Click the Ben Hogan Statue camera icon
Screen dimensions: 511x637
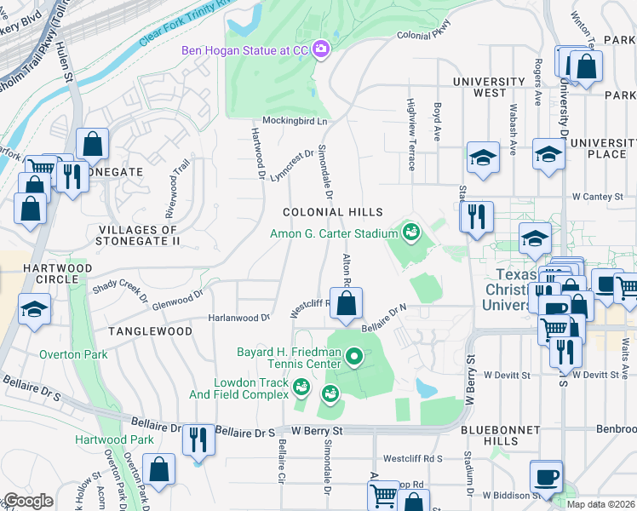coord(321,49)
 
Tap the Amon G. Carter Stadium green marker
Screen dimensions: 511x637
coord(411,233)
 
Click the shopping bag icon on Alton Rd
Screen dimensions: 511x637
coord(347,304)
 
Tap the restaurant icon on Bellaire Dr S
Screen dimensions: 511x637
coord(198,439)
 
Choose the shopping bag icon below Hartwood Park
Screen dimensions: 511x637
coord(158,468)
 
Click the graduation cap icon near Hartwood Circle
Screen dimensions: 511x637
coord(34,309)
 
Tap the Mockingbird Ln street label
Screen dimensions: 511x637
coord(295,121)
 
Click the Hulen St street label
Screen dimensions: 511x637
coord(65,64)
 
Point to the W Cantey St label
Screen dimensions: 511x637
coord(598,197)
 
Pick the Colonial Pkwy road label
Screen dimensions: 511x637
coord(423,36)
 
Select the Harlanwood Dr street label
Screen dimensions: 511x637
coord(239,318)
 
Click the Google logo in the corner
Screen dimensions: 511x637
coord(28,501)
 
